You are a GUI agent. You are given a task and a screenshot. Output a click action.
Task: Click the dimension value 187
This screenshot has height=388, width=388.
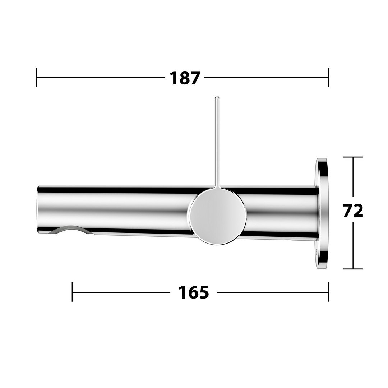click(185, 78)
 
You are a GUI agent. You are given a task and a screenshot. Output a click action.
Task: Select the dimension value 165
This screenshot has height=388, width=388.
click(194, 292)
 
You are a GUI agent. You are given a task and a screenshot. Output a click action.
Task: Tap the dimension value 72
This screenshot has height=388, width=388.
click(353, 211)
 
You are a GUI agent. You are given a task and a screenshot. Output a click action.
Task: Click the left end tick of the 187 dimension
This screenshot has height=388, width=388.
click(37, 78)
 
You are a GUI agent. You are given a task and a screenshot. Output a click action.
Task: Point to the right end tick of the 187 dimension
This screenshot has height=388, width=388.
click(328, 78)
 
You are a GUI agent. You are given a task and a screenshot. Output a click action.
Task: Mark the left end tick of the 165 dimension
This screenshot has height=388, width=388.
click(72, 292)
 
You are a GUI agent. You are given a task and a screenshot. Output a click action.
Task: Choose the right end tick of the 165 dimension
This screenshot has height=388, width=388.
click(328, 292)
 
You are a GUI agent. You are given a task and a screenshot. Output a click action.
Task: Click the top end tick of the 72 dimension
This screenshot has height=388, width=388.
click(353, 157)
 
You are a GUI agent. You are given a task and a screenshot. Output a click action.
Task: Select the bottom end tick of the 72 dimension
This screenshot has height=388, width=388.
click(353, 269)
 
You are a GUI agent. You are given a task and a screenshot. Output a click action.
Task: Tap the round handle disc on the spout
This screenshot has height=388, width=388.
click(218, 217)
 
